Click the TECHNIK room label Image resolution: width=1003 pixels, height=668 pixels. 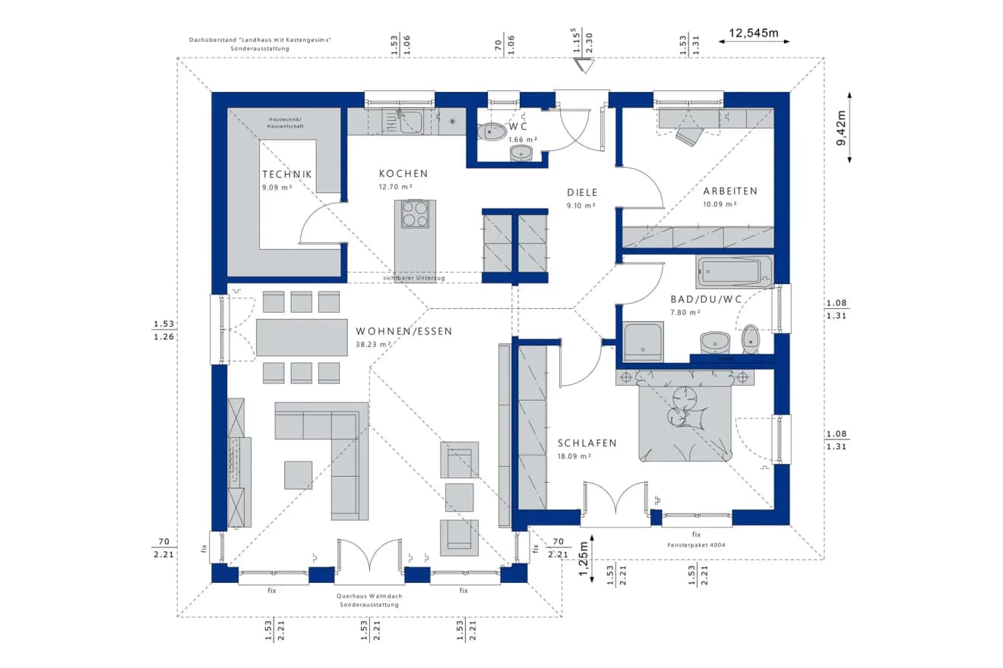[286, 174]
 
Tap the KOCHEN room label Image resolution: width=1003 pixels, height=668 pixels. [403, 174]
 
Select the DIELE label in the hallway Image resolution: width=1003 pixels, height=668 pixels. [581, 193]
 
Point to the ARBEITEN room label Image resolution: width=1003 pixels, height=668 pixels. [730, 191]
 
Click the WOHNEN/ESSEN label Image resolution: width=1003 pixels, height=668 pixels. [403, 331]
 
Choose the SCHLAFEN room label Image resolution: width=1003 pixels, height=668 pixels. [587, 443]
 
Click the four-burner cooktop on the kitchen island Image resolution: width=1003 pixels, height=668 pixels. [415, 213]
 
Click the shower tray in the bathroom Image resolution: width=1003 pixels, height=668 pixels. [643, 342]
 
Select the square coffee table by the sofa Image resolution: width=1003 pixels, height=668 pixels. [298, 474]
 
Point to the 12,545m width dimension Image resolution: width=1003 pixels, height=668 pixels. [754, 33]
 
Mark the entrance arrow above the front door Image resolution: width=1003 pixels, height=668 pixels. [582, 66]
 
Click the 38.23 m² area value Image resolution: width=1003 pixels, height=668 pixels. [373, 344]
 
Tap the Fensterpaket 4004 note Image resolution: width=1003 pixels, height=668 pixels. [695, 544]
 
